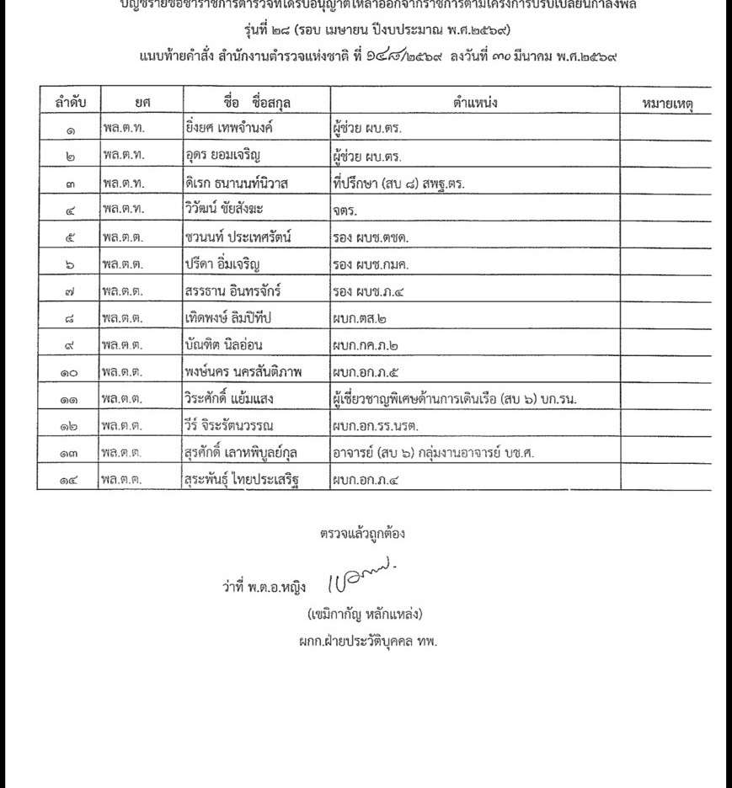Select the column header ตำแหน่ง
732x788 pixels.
click(476, 102)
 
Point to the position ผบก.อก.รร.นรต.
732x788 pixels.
click(375, 427)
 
